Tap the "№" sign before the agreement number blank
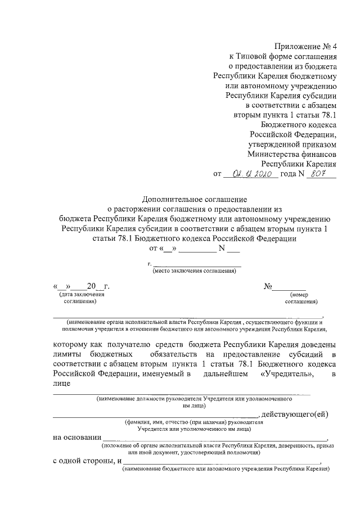[268, 286]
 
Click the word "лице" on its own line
[62, 384]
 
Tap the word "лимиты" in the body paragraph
[67, 354]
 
